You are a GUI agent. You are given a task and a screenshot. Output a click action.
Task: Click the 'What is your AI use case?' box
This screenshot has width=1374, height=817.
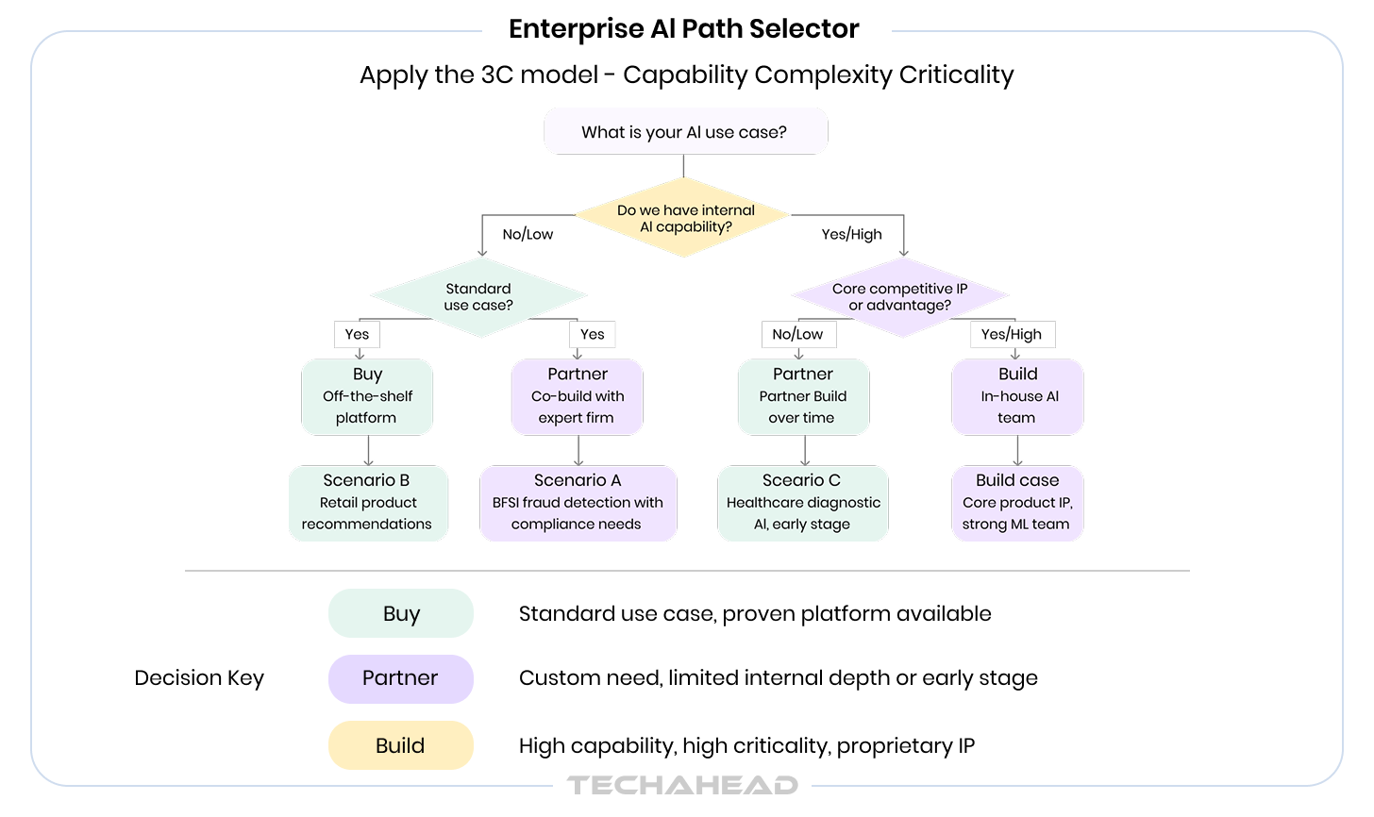(x=685, y=132)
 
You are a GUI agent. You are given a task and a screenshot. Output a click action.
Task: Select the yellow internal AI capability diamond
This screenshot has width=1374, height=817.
(x=683, y=218)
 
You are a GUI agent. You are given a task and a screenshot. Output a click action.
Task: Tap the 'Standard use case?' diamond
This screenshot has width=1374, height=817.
(x=478, y=297)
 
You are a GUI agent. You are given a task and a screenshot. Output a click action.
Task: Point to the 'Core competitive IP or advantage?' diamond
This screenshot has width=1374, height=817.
(x=899, y=297)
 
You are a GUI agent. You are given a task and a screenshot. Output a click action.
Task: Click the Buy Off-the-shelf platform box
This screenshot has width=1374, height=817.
(x=367, y=396)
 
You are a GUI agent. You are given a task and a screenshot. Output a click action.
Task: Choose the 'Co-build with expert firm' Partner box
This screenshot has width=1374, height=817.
(x=578, y=396)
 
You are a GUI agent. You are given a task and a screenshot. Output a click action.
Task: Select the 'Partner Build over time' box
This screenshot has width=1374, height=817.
(x=803, y=396)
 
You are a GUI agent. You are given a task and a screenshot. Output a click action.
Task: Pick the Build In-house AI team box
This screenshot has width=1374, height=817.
(x=1017, y=396)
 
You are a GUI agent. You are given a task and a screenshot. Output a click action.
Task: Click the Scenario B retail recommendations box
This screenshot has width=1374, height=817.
(x=368, y=503)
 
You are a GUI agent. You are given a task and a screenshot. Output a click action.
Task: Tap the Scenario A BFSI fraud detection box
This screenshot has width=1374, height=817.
(x=578, y=503)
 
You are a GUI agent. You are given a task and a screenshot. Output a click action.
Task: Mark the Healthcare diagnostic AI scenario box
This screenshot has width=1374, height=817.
(x=803, y=503)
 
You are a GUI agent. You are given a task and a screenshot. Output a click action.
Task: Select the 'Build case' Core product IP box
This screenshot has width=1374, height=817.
(x=1017, y=503)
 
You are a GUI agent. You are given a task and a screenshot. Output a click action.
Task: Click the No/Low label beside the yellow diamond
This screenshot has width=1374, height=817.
(x=528, y=235)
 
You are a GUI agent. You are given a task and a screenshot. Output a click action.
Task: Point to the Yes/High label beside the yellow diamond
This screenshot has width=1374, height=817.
(x=851, y=235)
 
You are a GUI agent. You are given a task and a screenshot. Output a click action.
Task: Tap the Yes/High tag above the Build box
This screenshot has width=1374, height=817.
(x=1012, y=334)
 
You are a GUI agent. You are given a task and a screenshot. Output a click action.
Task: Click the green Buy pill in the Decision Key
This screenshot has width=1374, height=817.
(x=401, y=614)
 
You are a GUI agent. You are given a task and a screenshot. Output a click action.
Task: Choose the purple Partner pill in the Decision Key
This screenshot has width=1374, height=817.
(x=401, y=678)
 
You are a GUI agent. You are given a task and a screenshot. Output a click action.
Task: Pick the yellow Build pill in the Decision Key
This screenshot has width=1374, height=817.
(x=401, y=745)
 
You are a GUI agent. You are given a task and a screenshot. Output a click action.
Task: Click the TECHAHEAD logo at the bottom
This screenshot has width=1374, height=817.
(x=682, y=785)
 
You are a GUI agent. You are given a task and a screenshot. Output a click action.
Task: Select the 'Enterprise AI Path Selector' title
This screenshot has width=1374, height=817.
(x=683, y=29)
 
